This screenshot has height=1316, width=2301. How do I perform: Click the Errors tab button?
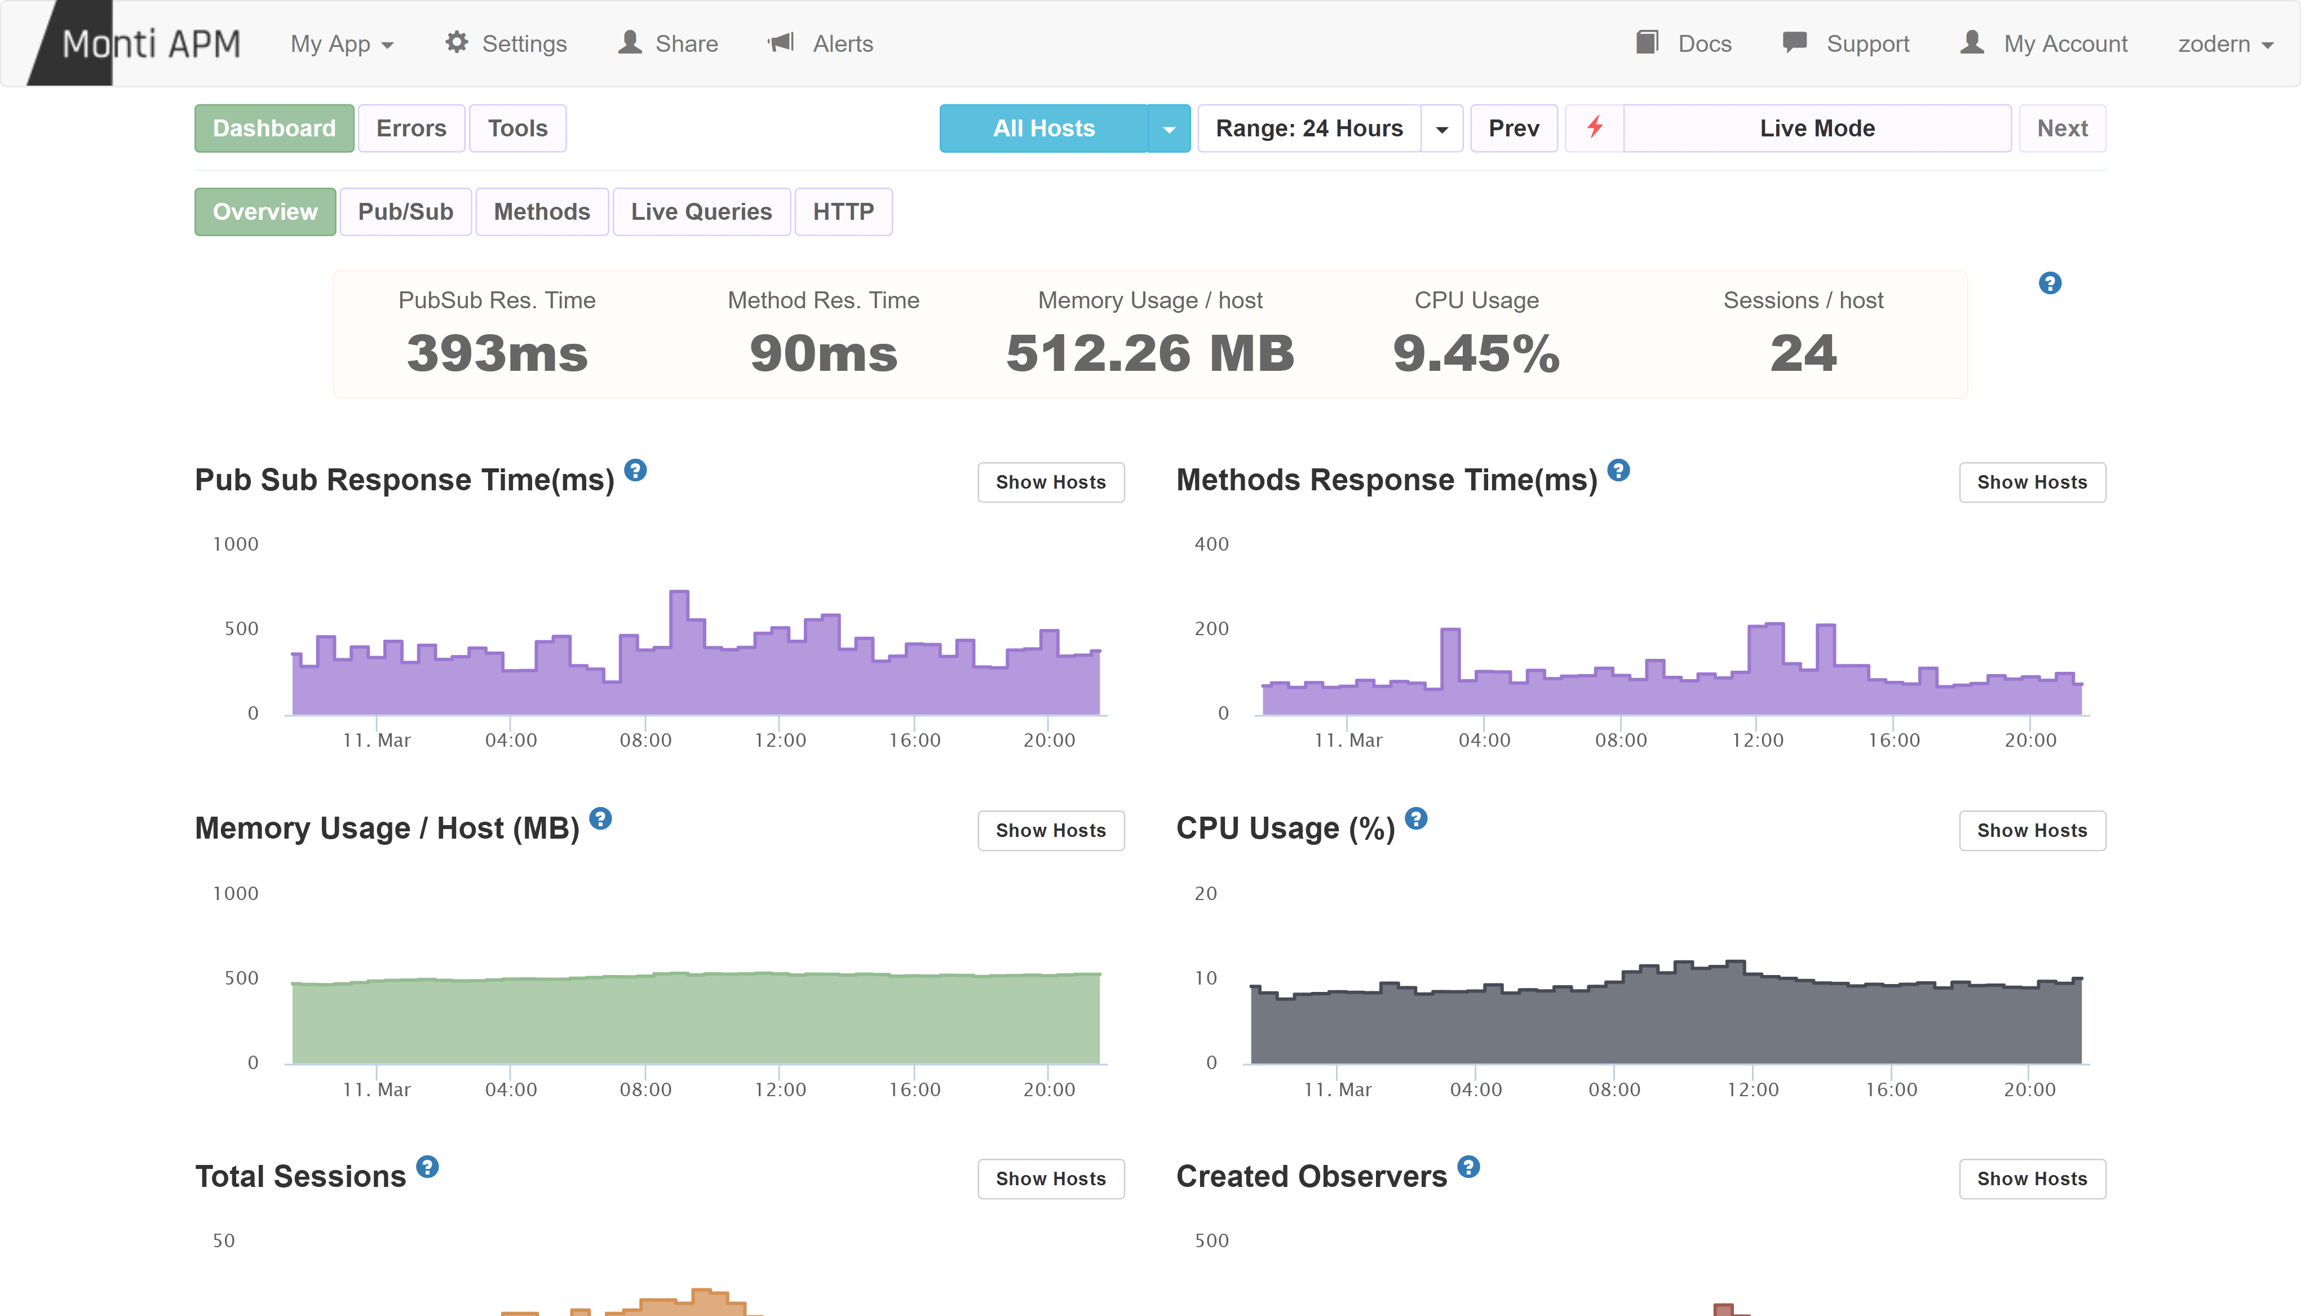tap(411, 129)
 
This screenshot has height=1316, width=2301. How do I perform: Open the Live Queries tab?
tap(701, 211)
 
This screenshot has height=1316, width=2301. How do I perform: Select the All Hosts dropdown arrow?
tap(1169, 129)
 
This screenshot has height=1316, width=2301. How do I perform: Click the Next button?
tap(2061, 129)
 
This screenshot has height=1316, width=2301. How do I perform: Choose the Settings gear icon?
tap(457, 42)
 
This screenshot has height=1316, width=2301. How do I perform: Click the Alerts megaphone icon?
tap(781, 42)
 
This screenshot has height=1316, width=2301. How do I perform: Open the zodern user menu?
tap(2224, 43)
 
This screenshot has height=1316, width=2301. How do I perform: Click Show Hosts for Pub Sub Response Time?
tap(1050, 482)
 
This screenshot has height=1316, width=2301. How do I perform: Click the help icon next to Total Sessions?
tap(427, 1167)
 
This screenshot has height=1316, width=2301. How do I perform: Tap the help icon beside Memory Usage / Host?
tap(600, 819)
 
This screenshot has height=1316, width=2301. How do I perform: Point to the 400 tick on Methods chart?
tap(1211, 544)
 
